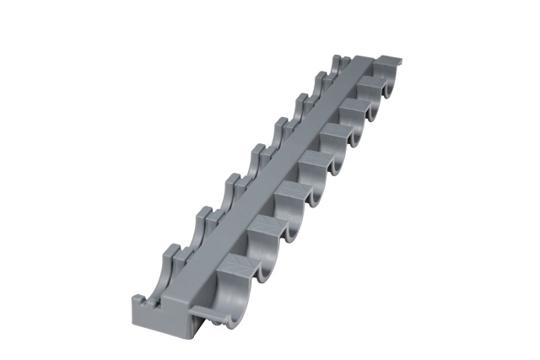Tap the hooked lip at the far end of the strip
(x=389, y=61)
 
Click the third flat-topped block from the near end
(x=289, y=193)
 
